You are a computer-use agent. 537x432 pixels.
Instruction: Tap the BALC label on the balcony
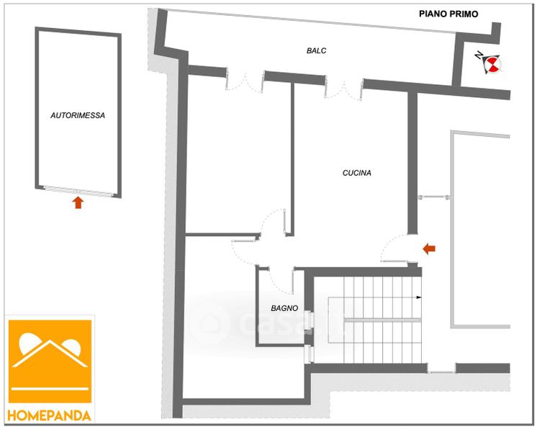[x=316, y=50]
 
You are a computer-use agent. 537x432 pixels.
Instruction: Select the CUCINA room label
[x=356, y=173]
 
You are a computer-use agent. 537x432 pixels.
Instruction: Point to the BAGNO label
[x=284, y=308]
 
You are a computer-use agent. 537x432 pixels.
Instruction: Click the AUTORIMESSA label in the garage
[x=78, y=115]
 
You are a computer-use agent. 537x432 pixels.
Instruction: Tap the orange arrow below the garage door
[x=78, y=202]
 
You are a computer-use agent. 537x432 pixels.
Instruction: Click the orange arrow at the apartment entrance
[x=428, y=249]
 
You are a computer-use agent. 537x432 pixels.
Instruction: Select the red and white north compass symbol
[x=492, y=66]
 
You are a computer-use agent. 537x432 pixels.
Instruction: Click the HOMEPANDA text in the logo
[x=50, y=415]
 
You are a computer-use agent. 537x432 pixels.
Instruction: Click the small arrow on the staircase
[x=418, y=296]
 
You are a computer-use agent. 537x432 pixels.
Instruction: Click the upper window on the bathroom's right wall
[x=307, y=320]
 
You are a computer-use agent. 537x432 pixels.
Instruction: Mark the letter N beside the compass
[x=479, y=55]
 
